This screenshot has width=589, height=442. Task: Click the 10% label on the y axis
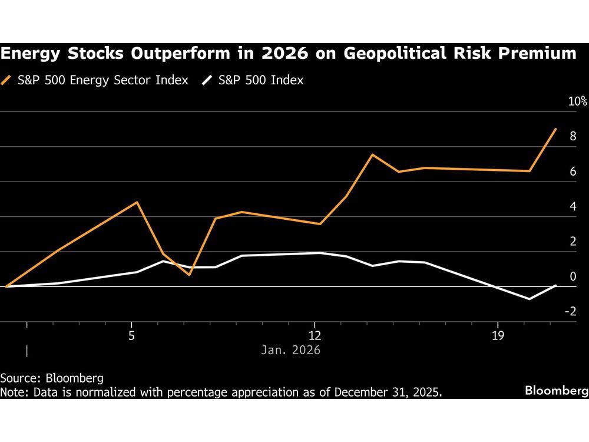point(577,101)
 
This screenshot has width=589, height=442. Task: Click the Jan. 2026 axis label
point(290,350)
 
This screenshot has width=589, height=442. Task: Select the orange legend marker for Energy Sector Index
point(8,80)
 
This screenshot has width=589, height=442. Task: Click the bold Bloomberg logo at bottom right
point(556,391)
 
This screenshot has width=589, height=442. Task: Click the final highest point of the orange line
point(555,129)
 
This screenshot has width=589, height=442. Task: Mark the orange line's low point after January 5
point(189,275)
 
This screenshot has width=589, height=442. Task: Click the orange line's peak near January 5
point(137,202)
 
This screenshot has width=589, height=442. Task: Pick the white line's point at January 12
point(320,253)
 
